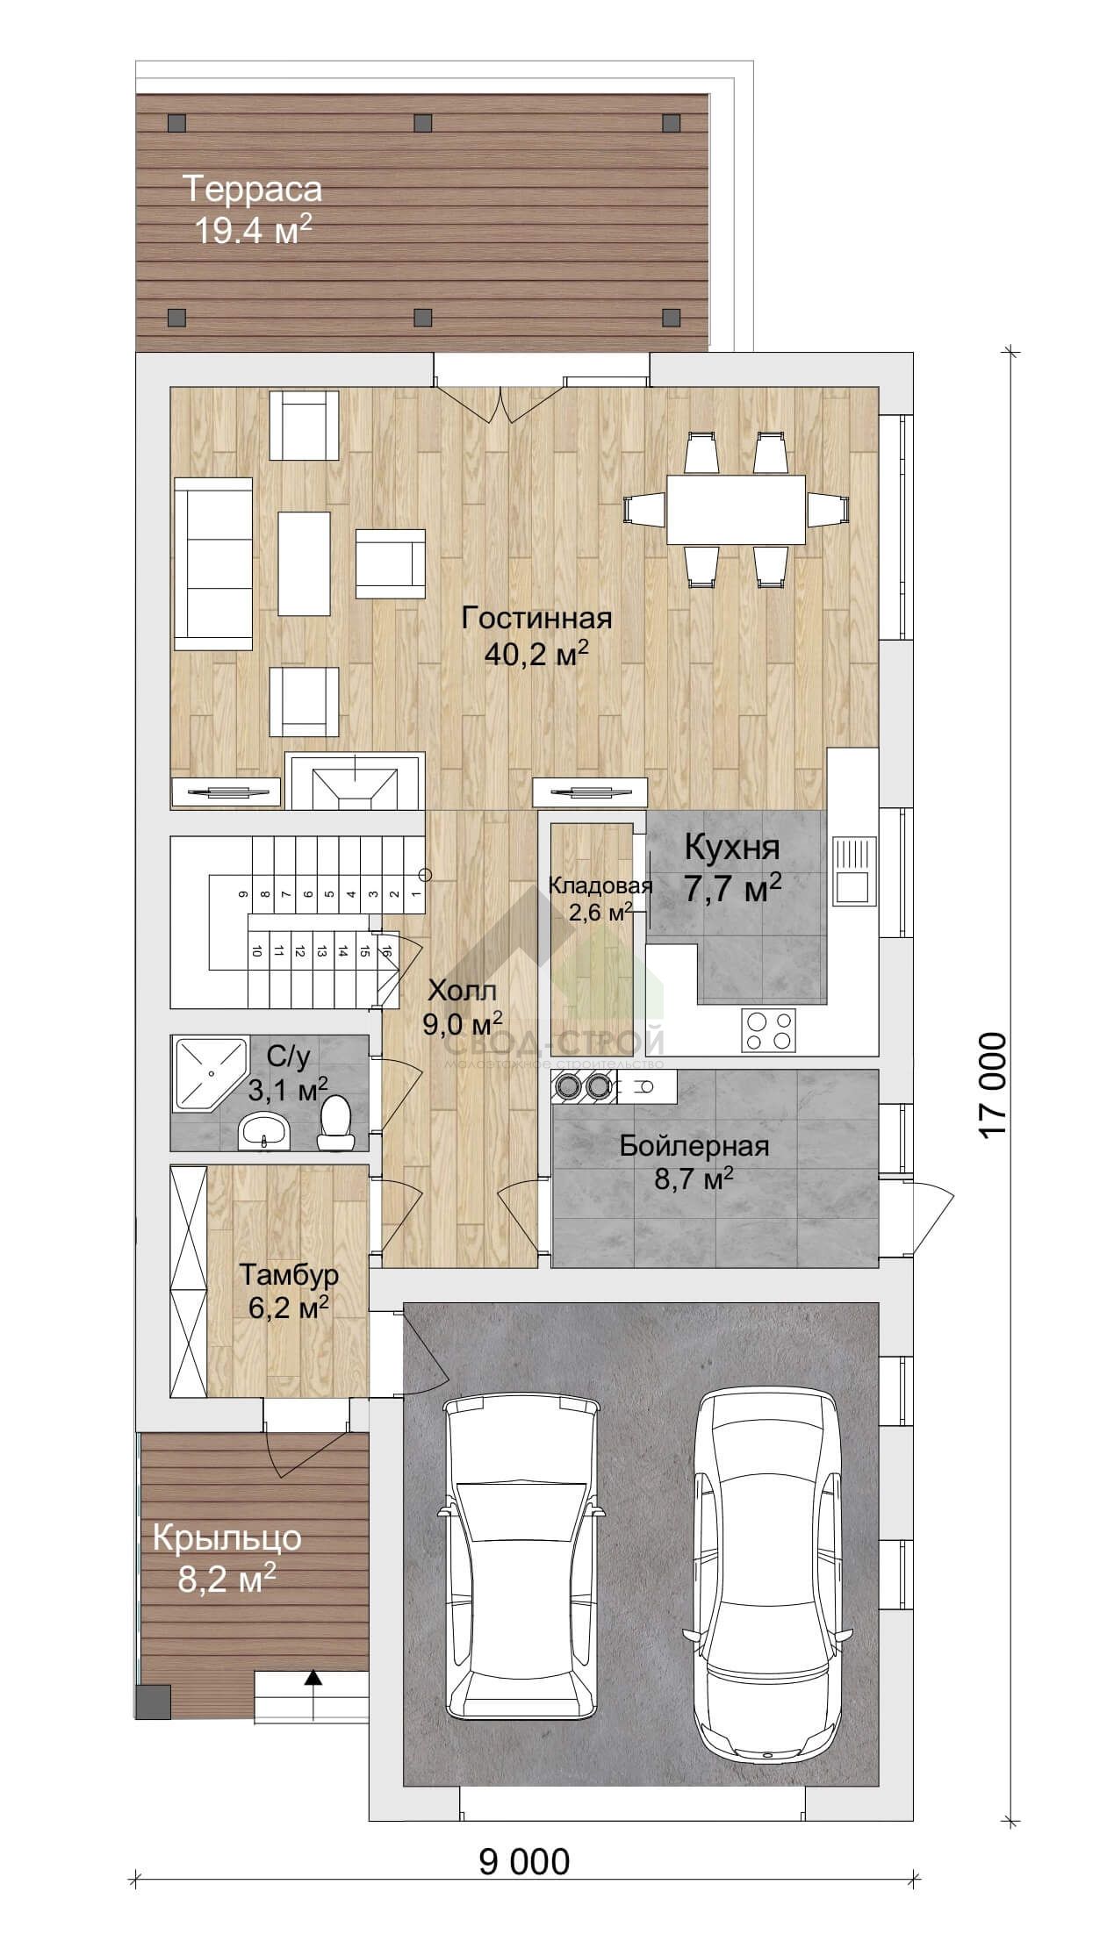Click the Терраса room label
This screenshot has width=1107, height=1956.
252,189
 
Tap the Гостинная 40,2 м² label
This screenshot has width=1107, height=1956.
536,635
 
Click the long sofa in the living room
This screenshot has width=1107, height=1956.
213,563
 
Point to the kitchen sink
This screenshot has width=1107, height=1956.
853,871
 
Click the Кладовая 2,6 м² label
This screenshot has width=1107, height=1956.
600,898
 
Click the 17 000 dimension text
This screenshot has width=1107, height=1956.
992,1086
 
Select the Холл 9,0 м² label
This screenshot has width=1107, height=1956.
463,1007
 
